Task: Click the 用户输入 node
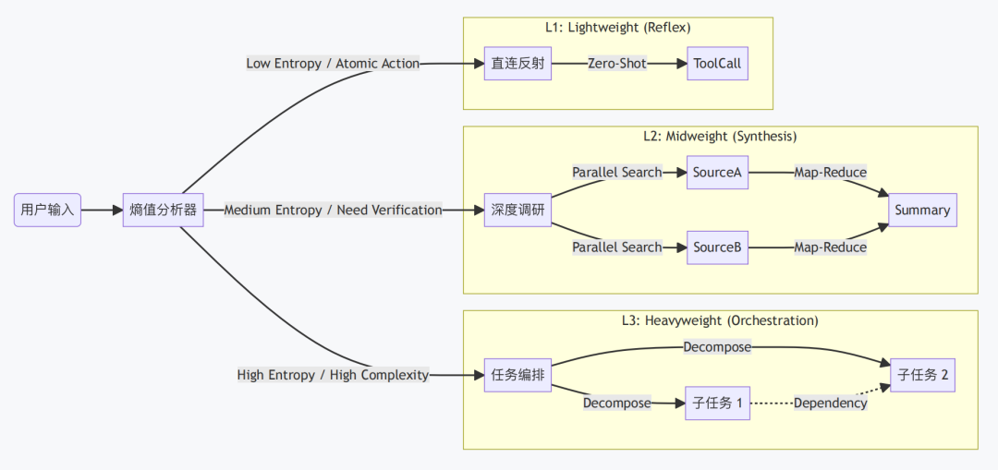[48, 210]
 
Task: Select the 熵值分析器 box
[163, 210]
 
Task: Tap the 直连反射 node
[517, 64]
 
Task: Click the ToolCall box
[717, 64]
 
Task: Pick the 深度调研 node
[517, 210]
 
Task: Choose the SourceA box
[717, 173]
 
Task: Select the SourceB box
[717, 247]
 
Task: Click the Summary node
[922, 210]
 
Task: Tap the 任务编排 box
[517, 375]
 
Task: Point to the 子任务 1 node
[717, 403]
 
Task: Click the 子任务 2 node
[922, 375]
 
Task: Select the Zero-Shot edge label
[616, 64]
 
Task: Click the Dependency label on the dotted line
[830, 403]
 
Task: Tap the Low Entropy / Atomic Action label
[333, 64]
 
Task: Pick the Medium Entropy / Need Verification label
[333, 210]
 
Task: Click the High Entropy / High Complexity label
[333, 375]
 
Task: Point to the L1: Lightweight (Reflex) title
[618, 28]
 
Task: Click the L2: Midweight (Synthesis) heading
[721, 136]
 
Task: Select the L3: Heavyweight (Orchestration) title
[721, 320]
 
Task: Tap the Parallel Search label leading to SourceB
[616, 247]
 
